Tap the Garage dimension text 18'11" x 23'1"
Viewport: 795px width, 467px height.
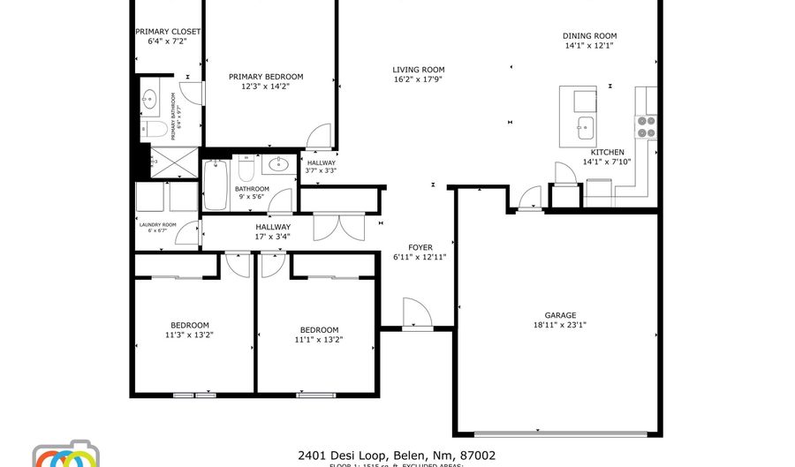click(x=560, y=325)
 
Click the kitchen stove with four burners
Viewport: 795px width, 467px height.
click(x=646, y=127)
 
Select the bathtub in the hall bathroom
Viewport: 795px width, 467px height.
click(x=216, y=184)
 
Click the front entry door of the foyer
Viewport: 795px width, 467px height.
click(x=416, y=314)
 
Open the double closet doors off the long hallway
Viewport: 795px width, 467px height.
click(x=338, y=228)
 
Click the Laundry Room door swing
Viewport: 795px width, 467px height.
click(x=188, y=232)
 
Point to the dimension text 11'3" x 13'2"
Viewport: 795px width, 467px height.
click(x=190, y=335)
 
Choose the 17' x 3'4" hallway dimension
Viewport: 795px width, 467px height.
click(x=273, y=237)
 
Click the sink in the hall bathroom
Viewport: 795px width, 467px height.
click(x=279, y=163)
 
